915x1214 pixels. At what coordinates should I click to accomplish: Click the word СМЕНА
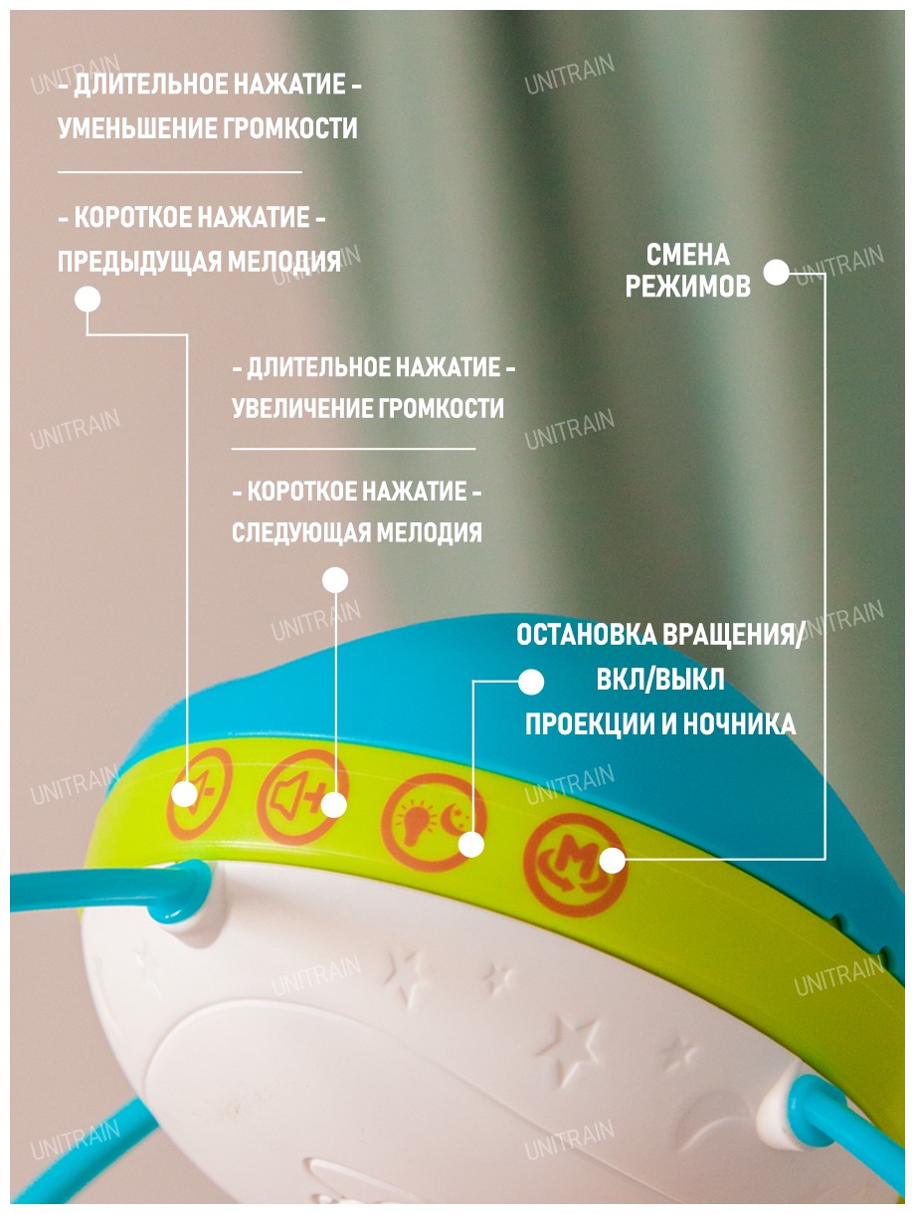tap(687, 255)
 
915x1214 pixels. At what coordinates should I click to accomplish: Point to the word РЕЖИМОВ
tap(687, 288)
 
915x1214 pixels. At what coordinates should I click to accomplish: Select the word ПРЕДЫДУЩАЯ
tap(139, 262)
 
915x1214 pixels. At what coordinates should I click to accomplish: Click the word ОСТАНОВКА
tap(587, 636)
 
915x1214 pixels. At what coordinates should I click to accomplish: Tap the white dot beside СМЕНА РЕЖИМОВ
tap(777, 273)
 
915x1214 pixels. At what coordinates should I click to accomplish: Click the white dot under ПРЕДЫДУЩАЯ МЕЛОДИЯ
tap(88, 300)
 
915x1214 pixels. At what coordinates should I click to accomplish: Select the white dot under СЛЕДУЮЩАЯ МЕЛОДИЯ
tap(335, 580)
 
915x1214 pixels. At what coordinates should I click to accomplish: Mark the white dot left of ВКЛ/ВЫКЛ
tap(531, 682)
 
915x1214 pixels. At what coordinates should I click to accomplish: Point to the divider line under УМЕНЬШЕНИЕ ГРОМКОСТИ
tap(179, 172)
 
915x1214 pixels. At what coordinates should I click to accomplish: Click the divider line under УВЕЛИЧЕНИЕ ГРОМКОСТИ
tap(353, 449)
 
